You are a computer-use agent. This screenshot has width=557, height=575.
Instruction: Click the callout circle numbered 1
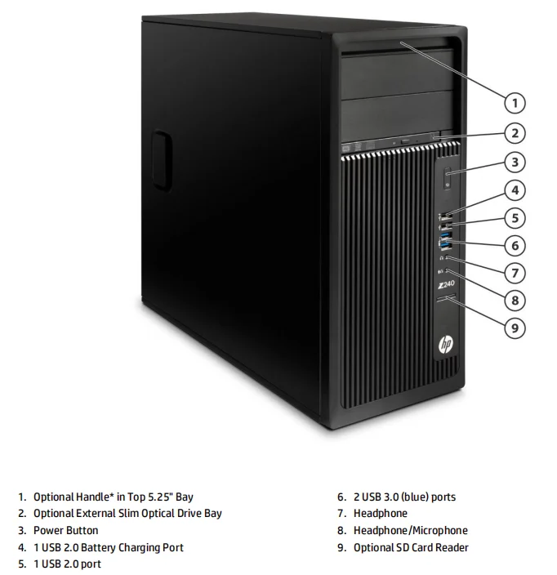[514, 103]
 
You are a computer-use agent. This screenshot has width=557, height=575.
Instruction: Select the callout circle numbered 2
[514, 132]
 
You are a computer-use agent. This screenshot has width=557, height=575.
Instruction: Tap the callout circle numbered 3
[514, 161]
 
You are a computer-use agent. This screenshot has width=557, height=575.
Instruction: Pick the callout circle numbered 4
[514, 191]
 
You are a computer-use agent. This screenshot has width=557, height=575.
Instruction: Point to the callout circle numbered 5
[514, 218]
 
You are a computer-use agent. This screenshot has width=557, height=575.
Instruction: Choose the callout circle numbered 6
[514, 245]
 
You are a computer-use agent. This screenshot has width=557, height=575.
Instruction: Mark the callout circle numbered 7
[514, 272]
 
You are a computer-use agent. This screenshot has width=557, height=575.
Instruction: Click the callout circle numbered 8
[514, 300]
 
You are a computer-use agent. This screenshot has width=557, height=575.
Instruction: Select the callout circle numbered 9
[514, 328]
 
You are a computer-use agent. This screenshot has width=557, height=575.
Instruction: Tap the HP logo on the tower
[446, 345]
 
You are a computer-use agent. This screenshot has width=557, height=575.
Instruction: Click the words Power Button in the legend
[65, 531]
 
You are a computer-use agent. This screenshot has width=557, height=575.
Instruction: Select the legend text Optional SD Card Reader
[411, 548]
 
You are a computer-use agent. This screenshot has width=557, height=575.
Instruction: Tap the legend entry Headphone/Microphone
[410, 531]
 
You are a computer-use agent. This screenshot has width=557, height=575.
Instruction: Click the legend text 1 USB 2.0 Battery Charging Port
[108, 548]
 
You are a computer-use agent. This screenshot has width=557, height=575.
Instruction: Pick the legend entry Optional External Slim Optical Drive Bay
[127, 514]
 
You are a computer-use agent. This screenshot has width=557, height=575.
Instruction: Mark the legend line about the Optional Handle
[114, 497]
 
